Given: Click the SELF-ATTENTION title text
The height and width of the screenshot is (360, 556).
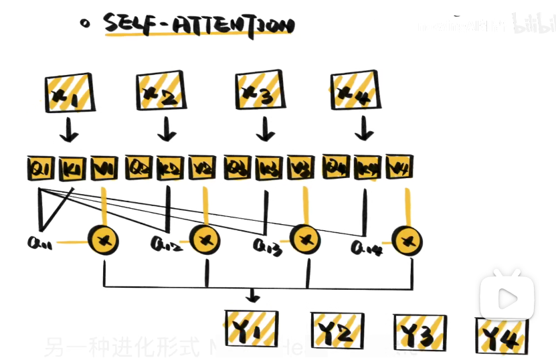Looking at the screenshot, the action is pyautogui.click(x=199, y=26).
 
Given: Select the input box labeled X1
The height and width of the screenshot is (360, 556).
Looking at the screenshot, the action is pyautogui.click(x=69, y=94).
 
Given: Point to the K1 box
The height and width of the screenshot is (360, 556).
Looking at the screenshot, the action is pyautogui.click(x=71, y=168).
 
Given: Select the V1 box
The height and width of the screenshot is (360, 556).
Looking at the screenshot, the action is pyautogui.click(x=103, y=168).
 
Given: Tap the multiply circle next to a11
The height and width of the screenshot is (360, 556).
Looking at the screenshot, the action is pyautogui.click(x=104, y=238).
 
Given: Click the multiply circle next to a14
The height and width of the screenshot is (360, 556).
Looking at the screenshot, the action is pyautogui.click(x=407, y=240).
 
